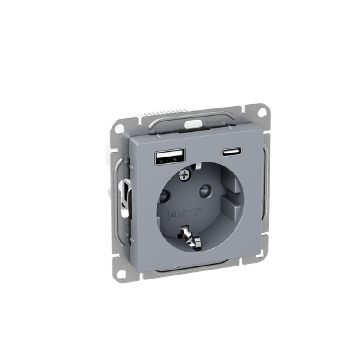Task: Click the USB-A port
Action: coord(171,157)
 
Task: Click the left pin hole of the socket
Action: coord(164,196)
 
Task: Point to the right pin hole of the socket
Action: coord(205,191)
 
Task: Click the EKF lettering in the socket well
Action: coord(190,213)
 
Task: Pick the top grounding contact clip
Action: coord(197,166)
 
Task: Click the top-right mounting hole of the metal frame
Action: coord(262,112)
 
